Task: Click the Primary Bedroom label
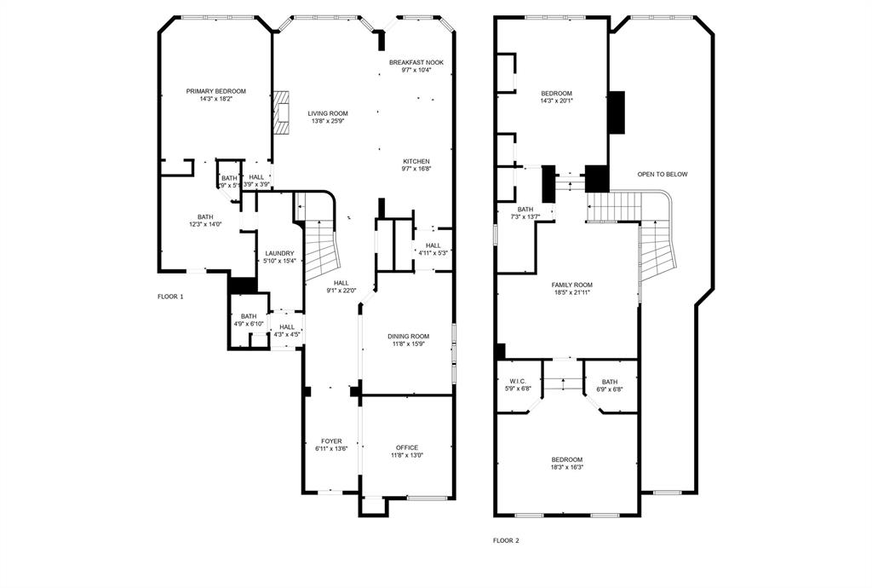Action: (216, 91)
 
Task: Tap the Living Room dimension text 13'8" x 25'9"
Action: (328, 121)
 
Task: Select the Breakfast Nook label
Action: (416, 62)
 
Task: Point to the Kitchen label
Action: (416, 161)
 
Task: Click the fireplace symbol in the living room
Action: (282, 114)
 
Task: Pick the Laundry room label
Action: (279, 253)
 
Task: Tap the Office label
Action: (407, 447)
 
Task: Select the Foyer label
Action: (331, 441)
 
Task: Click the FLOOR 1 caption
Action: (170, 297)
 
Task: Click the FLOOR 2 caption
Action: (506, 540)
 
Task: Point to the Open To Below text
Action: (663, 175)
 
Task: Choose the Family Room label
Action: (571, 285)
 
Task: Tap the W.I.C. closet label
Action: (518, 381)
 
